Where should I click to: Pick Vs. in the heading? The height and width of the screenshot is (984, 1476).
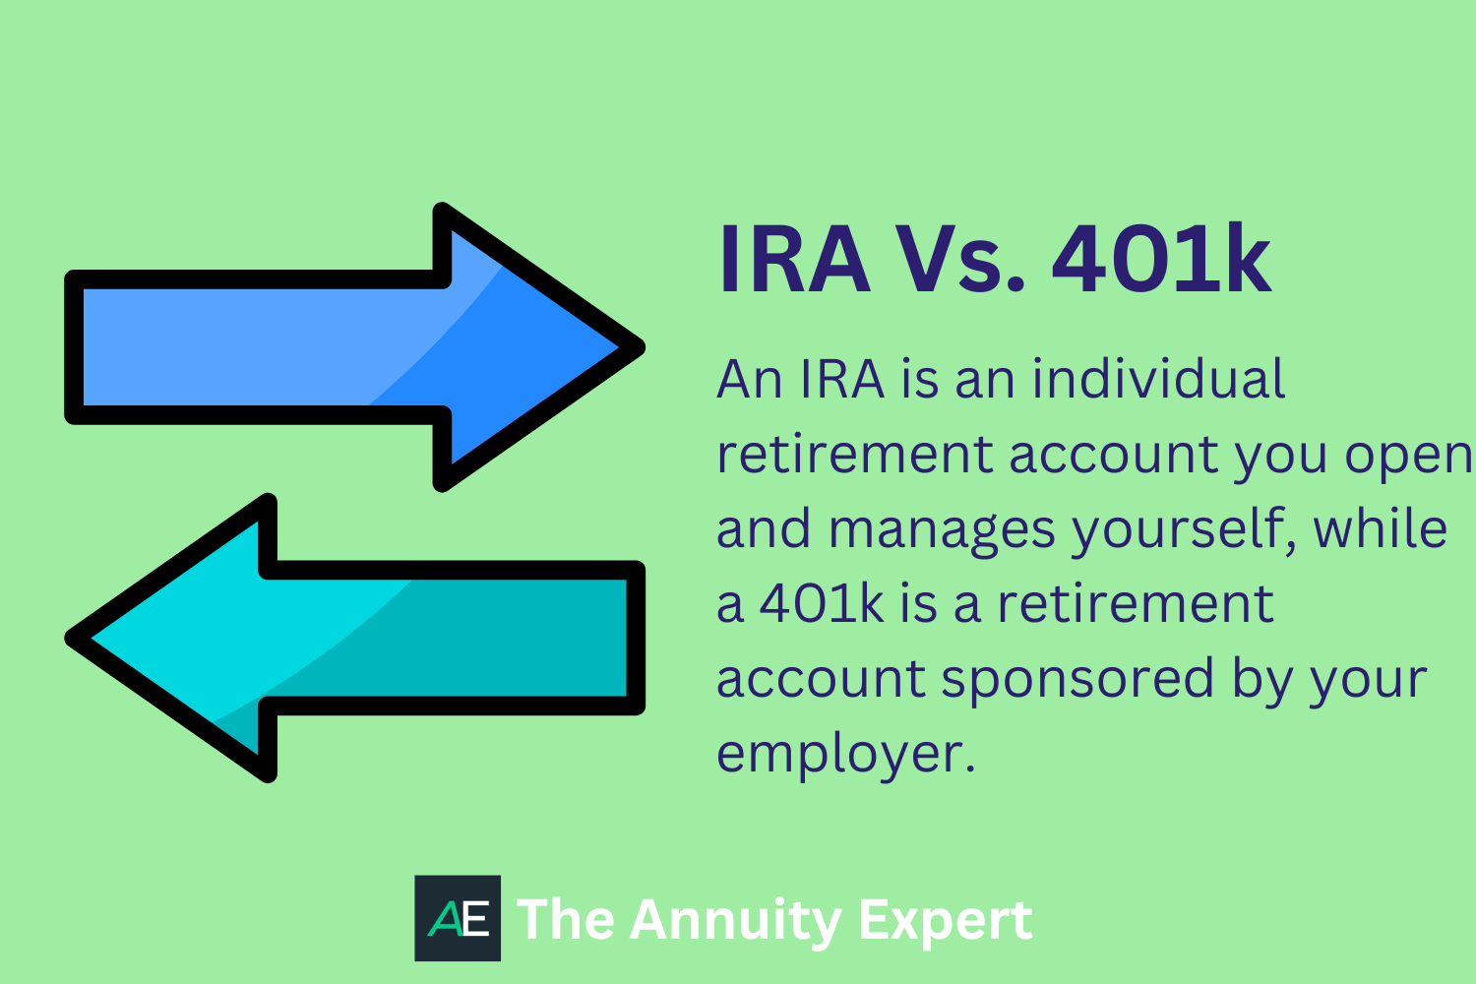pyautogui.click(x=959, y=260)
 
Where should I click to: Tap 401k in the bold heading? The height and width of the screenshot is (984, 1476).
pyautogui.click(x=1161, y=260)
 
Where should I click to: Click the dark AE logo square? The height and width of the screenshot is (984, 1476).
pyautogui.click(x=458, y=918)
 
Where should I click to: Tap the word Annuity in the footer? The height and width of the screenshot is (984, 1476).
pyautogui.click(x=735, y=921)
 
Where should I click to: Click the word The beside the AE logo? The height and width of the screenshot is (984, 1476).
pyautogui.click(x=565, y=919)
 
